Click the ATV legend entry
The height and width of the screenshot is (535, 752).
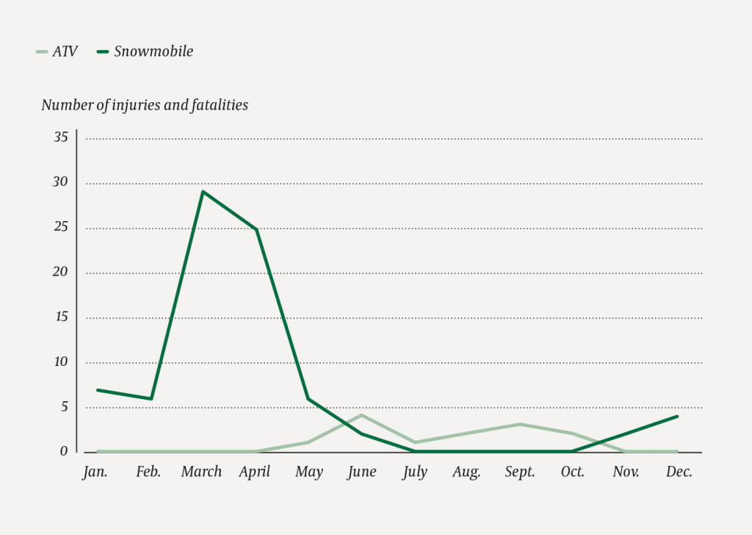click(57, 51)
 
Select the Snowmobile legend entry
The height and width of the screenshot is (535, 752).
click(145, 51)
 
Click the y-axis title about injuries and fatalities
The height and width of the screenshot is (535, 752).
click(145, 105)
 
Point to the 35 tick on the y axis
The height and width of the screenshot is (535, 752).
click(60, 137)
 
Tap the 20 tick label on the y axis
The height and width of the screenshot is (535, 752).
click(60, 272)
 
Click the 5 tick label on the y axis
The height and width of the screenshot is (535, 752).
click(64, 407)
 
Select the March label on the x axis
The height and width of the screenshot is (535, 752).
click(201, 472)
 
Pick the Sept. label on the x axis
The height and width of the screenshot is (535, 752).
click(520, 472)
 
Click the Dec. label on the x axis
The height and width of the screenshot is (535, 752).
click(679, 472)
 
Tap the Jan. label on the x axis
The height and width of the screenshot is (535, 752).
click(95, 472)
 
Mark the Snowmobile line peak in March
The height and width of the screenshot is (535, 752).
click(203, 192)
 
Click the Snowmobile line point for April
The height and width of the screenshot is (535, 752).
click(256, 229)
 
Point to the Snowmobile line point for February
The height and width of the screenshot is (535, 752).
click(151, 398)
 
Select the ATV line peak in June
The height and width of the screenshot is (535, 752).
click(361, 415)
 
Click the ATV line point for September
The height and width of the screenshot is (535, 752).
click(520, 424)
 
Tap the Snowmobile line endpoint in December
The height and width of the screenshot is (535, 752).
click(677, 416)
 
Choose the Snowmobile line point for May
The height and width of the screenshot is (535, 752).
click(308, 398)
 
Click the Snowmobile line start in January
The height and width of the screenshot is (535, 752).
click(97, 389)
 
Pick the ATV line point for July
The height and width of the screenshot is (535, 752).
click(414, 442)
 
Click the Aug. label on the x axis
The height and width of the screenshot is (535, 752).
click(467, 472)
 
